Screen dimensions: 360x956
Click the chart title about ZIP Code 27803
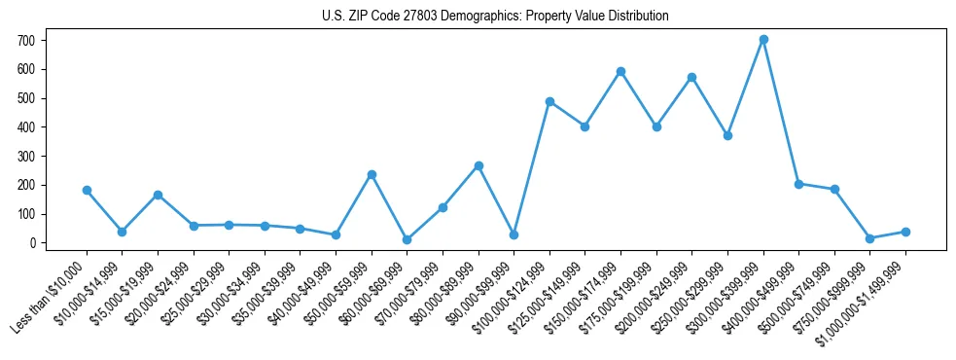tap(495, 17)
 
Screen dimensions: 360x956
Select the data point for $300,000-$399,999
tap(763, 40)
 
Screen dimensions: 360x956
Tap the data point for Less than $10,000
tap(87, 191)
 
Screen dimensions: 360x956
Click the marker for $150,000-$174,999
tap(620, 71)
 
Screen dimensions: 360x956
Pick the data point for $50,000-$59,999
tap(372, 174)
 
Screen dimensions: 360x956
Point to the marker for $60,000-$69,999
tap(407, 239)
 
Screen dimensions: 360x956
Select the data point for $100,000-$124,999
tap(549, 101)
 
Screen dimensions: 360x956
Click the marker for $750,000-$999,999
tap(869, 238)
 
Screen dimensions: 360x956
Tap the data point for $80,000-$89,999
tap(478, 165)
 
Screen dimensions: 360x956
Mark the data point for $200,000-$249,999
tap(691, 77)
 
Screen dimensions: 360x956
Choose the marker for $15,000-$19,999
tap(158, 195)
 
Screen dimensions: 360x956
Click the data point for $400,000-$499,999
tap(798, 184)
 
